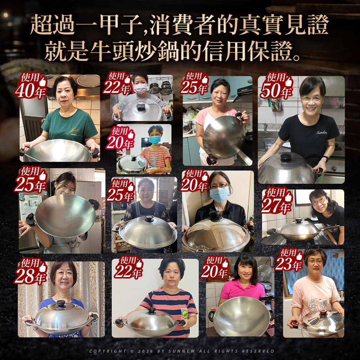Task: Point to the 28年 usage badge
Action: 31,271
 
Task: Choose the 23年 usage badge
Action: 289,260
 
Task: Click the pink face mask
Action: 140,88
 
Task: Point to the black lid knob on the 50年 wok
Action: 286,158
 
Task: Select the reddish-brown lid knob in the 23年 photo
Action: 323,312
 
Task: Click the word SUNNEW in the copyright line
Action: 181,351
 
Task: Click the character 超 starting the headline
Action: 41,24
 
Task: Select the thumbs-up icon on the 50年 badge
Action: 289,81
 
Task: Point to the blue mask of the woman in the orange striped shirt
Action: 155,140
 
